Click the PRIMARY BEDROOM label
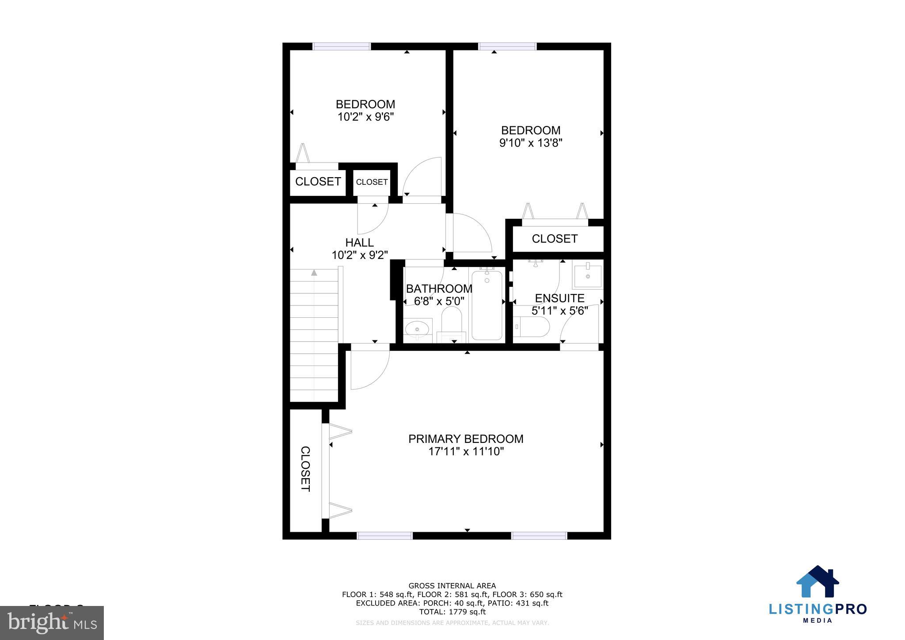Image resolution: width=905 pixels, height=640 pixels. click(x=466, y=439)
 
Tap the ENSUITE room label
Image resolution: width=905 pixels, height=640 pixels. click(x=559, y=298)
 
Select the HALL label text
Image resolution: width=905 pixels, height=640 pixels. click(x=359, y=243)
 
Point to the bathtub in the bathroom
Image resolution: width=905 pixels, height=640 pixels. click(x=487, y=305)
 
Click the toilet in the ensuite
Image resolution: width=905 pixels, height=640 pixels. click(x=532, y=327)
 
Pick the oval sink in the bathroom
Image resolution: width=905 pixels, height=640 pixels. click(x=417, y=329)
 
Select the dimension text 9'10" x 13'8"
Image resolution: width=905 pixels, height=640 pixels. click(x=530, y=143)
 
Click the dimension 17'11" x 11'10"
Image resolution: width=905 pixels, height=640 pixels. click(x=466, y=452)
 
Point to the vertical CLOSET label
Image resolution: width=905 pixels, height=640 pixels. click(x=305, y=469)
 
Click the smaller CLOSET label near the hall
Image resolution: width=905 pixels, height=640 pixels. click(x=372, y=182)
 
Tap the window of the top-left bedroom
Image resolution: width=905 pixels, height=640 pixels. click(x=342, y=46)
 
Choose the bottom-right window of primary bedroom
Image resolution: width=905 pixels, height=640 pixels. click(x=539, y=536)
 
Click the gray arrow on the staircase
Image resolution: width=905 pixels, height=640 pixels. click(x=314, y=273)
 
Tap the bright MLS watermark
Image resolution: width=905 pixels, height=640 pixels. click(x=52, y=623)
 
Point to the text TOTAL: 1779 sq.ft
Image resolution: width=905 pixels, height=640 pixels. click(x=452, y=612)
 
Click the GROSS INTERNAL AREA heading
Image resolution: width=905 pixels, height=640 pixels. click(x=452, y=586)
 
